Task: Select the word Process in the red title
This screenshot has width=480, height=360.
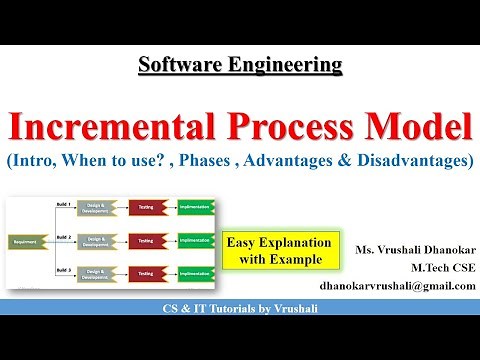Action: pyautogui.click(x=277, y=128)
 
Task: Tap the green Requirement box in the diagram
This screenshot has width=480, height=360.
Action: pyautogui.click(x=22, y=242)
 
